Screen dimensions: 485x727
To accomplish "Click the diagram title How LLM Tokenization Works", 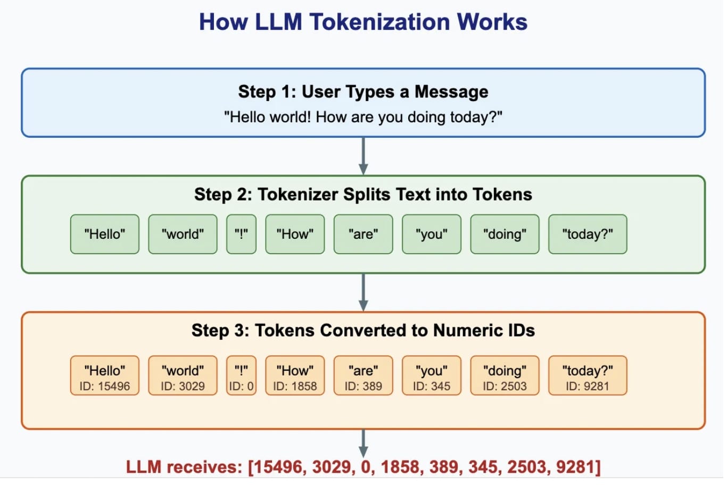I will [363, 22].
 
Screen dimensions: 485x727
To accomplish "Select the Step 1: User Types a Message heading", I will [363, 91].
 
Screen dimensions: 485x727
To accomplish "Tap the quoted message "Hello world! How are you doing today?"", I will [363, 117].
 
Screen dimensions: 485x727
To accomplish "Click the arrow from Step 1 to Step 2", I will [363, 155].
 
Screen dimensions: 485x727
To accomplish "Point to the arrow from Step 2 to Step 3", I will [363, 292].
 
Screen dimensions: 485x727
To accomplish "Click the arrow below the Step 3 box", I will [363, 442].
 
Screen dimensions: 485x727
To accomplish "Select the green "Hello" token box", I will [105, 234].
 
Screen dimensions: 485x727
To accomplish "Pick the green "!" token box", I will [241, 234].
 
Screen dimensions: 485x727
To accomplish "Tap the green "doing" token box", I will [505, 234].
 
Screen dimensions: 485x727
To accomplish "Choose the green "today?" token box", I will [588, 234].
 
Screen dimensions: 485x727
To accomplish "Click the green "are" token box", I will [363, 234].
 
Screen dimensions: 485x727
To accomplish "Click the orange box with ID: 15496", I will [105, 376].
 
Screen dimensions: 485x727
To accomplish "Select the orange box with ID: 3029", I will [183, 376].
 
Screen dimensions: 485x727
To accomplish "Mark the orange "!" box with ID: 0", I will [241, 376].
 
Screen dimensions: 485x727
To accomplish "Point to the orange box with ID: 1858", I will [295, 376].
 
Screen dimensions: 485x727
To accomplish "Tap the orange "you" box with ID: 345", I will [432, 376].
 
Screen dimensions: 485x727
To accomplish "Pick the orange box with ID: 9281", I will [588, 376].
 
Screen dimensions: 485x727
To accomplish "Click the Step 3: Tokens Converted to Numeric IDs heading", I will [363, 330].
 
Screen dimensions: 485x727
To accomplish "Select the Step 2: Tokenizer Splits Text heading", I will [363, 194].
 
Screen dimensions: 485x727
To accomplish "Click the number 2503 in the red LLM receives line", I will [527, 467].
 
